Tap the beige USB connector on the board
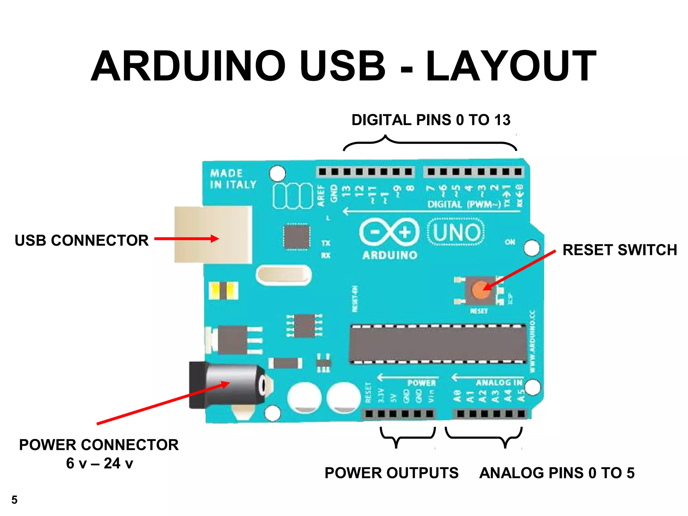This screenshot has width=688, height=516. pyautogui.click(x=213, y=234)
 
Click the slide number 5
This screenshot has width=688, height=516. pyautogui.click(x=14, y=500)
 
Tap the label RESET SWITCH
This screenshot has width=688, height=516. pyautogui.click(x=619, y=250)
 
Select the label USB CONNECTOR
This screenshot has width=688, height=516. pyautogui.click(x=82, y=241)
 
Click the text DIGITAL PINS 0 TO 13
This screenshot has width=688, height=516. pyautogui.click(x=431, y=120)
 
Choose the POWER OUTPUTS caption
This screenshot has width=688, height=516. pyautogui.click(x=391, y=473)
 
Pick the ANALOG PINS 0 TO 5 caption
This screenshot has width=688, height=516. pyautogui.click(x=557, y=473)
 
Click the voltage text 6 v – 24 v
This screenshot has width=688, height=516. pyautogui.click(x=99, y=464)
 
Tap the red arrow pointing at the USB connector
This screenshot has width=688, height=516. pyautogui.click(x=186, y=239)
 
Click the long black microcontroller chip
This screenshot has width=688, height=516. pyautogui.click(x=438, y=344)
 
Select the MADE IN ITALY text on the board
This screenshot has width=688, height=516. pyautogui.click(x=233, y=179)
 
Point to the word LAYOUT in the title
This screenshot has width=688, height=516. pyautogui.click(x=511, y=66)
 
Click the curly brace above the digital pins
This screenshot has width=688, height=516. pyautogui.click(x=430, y=142)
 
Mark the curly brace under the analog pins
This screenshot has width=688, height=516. pyautogui.click(x=484, y=437)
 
